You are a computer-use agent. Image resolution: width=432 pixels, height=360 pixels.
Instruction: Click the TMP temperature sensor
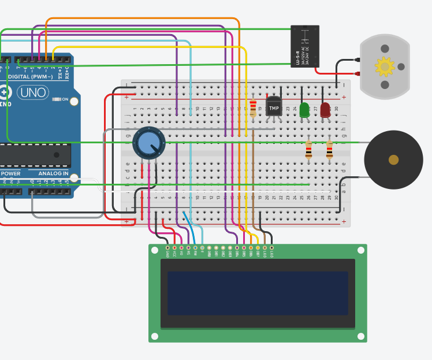(274, 107)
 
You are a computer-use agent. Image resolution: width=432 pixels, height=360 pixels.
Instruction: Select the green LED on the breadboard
(304, 110)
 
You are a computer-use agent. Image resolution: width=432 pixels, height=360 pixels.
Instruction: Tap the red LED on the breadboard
(325, 109)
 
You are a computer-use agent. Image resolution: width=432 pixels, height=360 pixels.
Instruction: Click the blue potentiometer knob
(148, 143)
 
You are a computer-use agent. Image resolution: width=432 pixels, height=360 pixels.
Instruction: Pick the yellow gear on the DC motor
(384, 67)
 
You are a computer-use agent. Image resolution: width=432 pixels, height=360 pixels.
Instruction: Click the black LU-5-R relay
(304, 46)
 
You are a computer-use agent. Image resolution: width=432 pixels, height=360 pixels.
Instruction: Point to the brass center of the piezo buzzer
(393, 159)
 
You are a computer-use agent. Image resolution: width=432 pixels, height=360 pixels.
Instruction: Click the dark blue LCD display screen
(258, 293)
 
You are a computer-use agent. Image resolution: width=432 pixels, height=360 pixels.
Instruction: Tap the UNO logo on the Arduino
(33, 92)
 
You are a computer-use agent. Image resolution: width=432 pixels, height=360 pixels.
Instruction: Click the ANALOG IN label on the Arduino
(53, 173)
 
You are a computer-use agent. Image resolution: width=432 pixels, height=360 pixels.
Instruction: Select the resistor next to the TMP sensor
(253, 107)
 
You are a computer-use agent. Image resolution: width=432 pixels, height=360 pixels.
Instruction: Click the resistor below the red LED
(329, 150)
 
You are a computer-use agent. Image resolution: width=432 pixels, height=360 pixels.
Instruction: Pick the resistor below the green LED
(308, 150)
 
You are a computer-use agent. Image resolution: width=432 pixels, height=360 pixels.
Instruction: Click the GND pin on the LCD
(167, 248)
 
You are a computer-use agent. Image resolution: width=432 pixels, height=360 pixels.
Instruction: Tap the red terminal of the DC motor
(357, 73)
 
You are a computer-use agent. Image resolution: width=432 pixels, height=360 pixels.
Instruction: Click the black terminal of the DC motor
(357, 60)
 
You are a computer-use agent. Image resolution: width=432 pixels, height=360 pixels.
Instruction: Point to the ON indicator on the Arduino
(64, 99)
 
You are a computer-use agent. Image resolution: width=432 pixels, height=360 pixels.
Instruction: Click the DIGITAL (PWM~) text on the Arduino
(30, 76)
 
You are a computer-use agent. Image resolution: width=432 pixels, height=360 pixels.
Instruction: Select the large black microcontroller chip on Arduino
(35, 155)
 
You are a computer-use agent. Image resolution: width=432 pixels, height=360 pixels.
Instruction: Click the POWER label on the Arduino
(10, 173)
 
